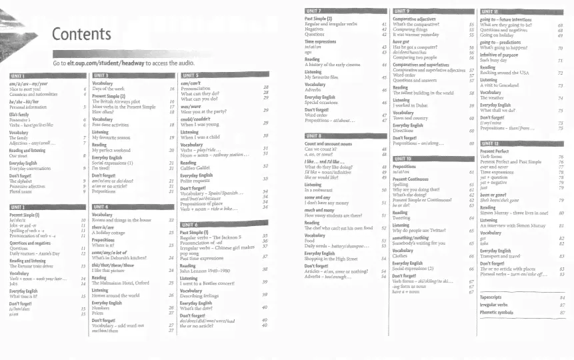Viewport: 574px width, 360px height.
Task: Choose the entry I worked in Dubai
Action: click(x=413, y=105)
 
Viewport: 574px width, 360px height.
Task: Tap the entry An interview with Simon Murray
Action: click(x=516, y=225)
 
